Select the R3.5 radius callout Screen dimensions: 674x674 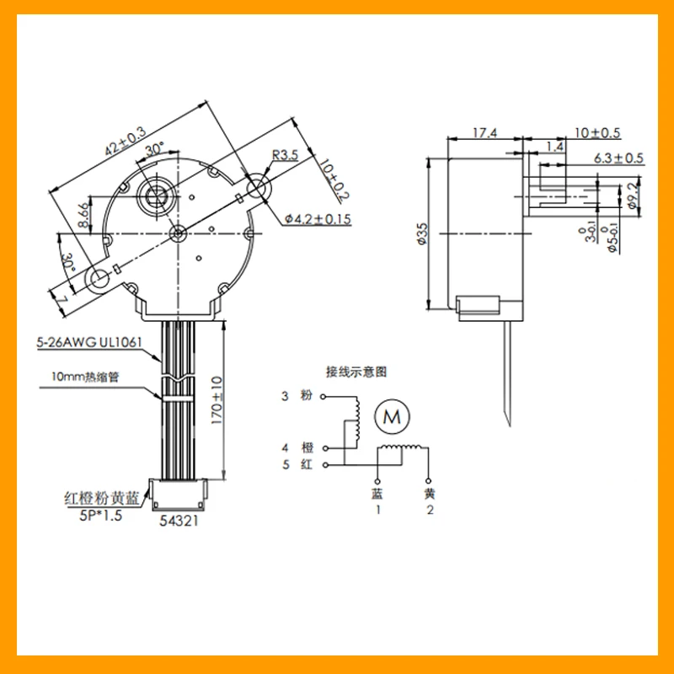[x=285, y=154]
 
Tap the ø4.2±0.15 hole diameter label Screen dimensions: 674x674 [x=318, y=219]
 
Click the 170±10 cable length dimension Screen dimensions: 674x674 [x=216, y=401]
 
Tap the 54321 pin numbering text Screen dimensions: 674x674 [x=179, y=522]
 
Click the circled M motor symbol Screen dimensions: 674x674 [x=391, y=415]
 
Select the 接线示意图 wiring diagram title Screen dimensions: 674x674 [x=357, y=370]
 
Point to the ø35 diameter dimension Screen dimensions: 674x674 [x=421, y=233]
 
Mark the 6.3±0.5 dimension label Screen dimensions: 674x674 [x=618, y=158]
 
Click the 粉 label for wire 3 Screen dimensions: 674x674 [x=306, y=396]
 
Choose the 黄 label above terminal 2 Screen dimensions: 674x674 [x=430, y=493]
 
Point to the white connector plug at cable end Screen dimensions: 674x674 [x=179, y=495]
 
